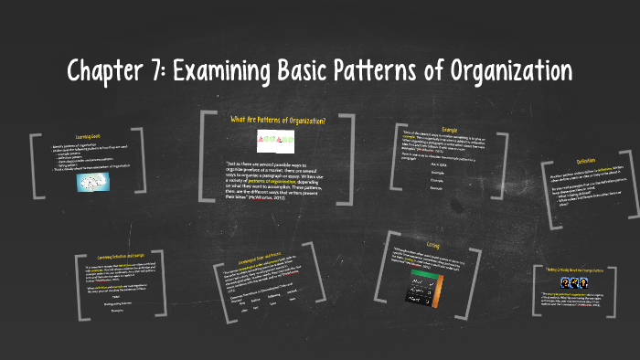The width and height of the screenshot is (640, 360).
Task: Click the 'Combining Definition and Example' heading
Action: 117,259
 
